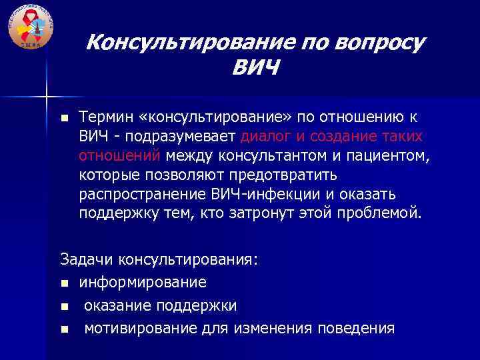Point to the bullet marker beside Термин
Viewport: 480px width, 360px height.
click(64, 119)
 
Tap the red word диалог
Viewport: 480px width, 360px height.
click(265, 137)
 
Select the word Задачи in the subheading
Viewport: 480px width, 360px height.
click(84, 259)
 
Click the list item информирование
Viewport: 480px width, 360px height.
click(143, 282)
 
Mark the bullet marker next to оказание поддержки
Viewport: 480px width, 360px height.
click(64, 306)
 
